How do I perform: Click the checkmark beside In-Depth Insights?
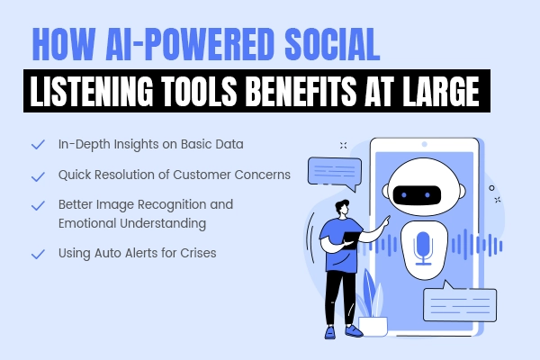[x=37, y=144]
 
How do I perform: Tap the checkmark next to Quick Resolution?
[x=37, y=175]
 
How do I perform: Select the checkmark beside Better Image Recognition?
[x=37, y=204]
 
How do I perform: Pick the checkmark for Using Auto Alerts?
[x=37, y=254]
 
